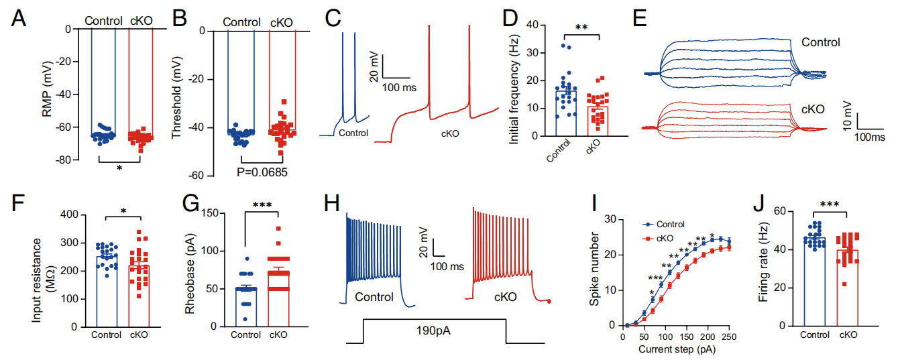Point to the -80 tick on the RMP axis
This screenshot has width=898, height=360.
pos(64,160)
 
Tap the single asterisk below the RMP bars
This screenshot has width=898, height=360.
pos(119,168)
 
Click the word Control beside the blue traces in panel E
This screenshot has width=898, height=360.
pos(820,42)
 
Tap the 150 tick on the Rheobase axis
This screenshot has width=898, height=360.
pos(203,213)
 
